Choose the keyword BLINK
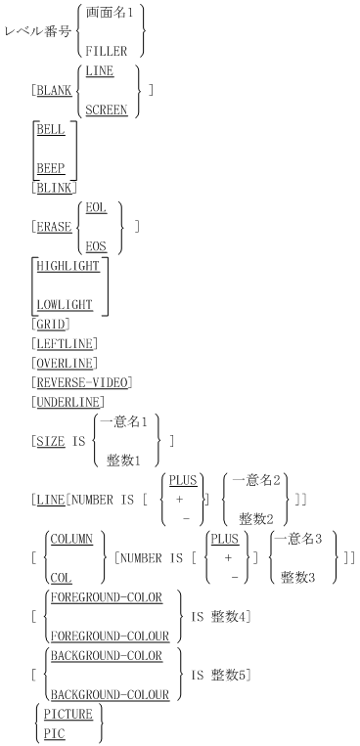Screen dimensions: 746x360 pos(56,186)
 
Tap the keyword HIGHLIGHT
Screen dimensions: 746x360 pos(71,266)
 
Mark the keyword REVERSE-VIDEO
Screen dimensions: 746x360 pos(82,381)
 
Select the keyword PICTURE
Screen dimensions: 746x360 pos(67,715)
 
